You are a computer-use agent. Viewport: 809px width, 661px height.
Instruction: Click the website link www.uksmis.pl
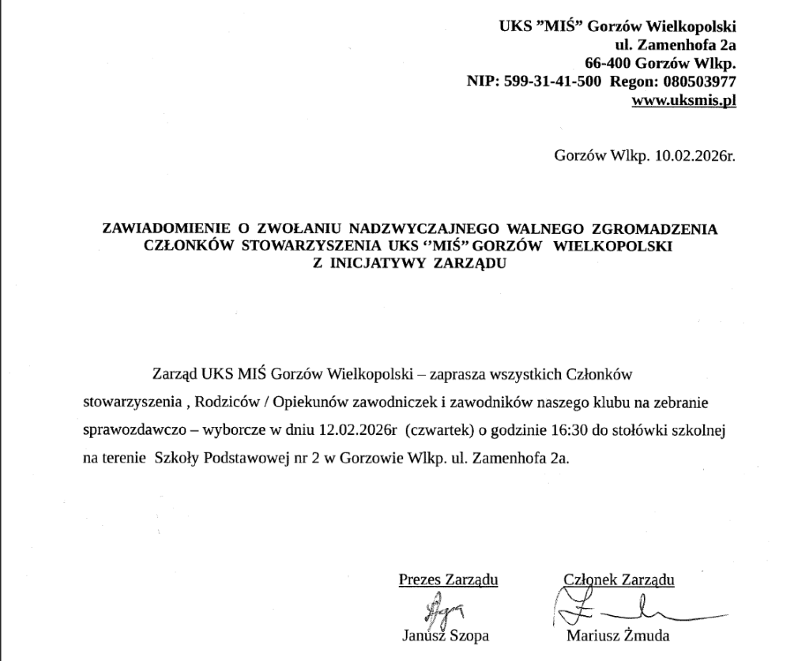(x=684, y=102)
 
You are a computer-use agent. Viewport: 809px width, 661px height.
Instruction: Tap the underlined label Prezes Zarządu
(x=448, y=580)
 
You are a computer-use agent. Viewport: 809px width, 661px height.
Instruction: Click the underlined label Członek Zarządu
(x=619, y=580)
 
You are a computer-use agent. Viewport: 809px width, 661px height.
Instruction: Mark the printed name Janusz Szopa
(x=446, y=635)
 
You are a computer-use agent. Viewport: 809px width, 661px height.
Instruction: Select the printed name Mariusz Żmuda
(x=617, y=635)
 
